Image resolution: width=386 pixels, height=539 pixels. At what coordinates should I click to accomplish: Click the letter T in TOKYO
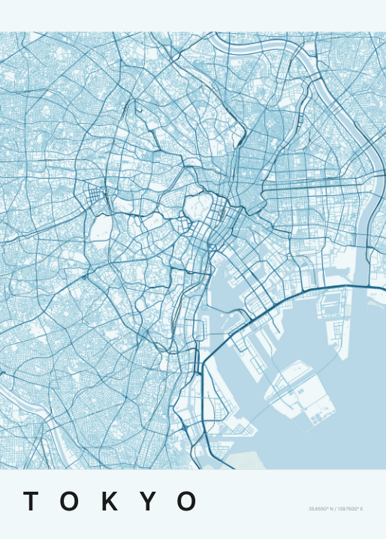(x=31, y=501)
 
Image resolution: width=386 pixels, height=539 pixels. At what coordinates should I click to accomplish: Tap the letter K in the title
(x=110, y=501)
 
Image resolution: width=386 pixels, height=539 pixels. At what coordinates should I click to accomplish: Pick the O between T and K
(x=70, y=501)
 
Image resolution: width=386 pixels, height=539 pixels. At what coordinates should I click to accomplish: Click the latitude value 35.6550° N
(x=321, y=510)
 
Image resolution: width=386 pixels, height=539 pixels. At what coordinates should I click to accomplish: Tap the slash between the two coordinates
(x=335, y=510)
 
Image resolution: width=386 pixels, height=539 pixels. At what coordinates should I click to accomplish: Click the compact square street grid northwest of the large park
(x=95, y=198)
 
